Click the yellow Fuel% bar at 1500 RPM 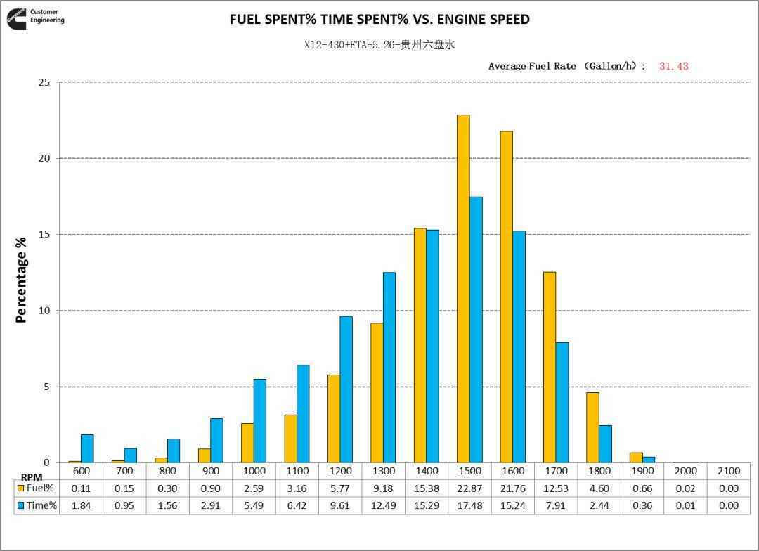coord(463,288)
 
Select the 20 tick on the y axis coord(44,158)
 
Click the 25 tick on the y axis coord(44,82)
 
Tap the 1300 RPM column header coord(384,471)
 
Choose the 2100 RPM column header coord(729,471)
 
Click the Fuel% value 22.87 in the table coord(469,488)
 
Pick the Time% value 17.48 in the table coord(469,505)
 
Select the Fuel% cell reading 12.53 coord(556,488)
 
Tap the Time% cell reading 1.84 coord(82,505)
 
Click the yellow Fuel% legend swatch coord(21,488)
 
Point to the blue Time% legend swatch coord(21,505)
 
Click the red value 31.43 coord(673,66)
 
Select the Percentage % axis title coord(21,280)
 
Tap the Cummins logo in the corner coord(17,19)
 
